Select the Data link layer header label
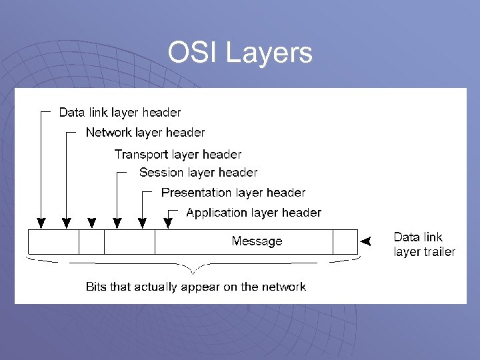click(x=120, y=113)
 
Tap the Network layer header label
click(x=145, y=132)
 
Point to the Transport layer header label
click(x=178, y=154)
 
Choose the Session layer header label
click(x=198, y=173)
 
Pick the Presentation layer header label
click(x=233, y=193)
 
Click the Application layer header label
click(x=253, y=213)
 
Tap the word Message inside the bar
click(x=257, y=241)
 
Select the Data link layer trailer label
click(x=424, y=244)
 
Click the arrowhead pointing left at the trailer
click(x=364, y=241)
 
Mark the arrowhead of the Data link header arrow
click(x=41, y=223)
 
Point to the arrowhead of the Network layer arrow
click(x=66, y=223)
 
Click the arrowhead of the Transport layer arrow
click(x=92, y=223)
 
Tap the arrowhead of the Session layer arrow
click(x=117, y=223)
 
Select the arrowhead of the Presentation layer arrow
click(x=142, y=223)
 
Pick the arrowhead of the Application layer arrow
click(x=167, y=223)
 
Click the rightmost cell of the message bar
click(x=345, y=241)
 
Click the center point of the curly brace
click(x=193, y=272)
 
